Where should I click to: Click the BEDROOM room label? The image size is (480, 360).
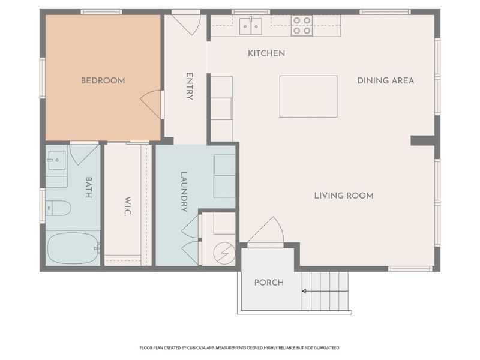pos(103,80)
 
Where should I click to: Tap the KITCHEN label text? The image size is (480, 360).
pos(266,53)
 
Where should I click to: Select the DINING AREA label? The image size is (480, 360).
pos(385,80)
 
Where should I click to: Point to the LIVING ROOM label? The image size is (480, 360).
pos(344,196)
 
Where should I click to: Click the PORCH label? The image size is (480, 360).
pos(268,283)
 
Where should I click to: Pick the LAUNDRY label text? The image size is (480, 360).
pos(184,192)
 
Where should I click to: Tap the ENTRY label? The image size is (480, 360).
pos(190,86)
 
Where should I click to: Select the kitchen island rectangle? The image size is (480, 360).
pos(308,96)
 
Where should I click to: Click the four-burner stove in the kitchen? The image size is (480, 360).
pos(302,26)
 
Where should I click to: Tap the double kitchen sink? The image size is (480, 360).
pos(250,26)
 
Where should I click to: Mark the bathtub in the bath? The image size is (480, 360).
pos(73,248)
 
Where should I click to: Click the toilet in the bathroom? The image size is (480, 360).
pos(59,208)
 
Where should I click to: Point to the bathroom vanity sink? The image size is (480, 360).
pos(56,160)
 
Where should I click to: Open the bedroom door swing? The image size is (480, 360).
pos(152,104)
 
